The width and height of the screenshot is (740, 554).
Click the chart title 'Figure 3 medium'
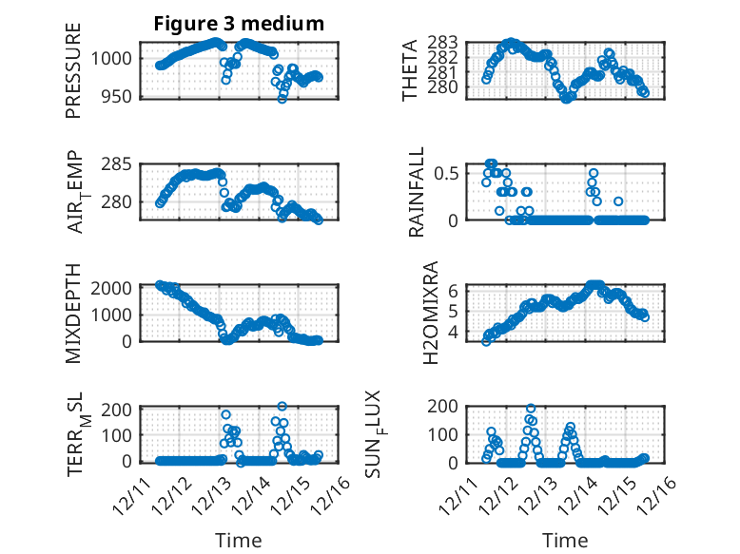(239, 24)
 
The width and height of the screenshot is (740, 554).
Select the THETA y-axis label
(410, 69)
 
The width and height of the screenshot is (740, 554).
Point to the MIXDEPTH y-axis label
(73, 313)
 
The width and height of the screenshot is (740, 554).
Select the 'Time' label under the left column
(238, 540)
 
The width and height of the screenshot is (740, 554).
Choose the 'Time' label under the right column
(565, 540)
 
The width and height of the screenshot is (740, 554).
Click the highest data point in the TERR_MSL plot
(282, 407)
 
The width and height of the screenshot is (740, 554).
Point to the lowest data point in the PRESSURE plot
(282, 98)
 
